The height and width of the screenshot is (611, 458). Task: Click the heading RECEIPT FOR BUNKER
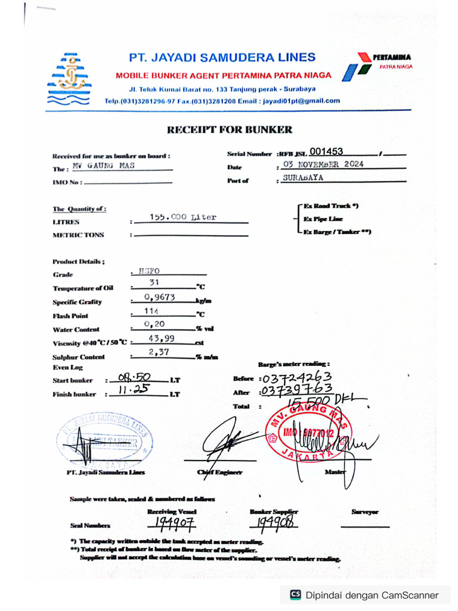pyautogui.click(x=230, y=129)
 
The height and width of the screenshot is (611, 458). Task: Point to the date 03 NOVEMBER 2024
pyautogui.click(x=323, y=165)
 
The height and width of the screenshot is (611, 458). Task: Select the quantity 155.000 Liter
pyautogui.click(x=183, y=218)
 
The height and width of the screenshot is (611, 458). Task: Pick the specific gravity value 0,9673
pyautogui.click(x=159, y=297)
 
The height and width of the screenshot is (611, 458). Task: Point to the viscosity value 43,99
pyautogui.click(x=160, y=338)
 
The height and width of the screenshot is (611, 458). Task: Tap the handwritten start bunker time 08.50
pyautogui.click(x=134, y=378)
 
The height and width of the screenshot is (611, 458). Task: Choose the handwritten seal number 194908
pyautogui.click(x=275, y=523)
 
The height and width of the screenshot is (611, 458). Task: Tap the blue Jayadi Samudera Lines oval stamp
pyautogui.click(x=106, y=440)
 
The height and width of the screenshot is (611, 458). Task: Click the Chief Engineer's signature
pyautogui.click(x=225, y=442)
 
